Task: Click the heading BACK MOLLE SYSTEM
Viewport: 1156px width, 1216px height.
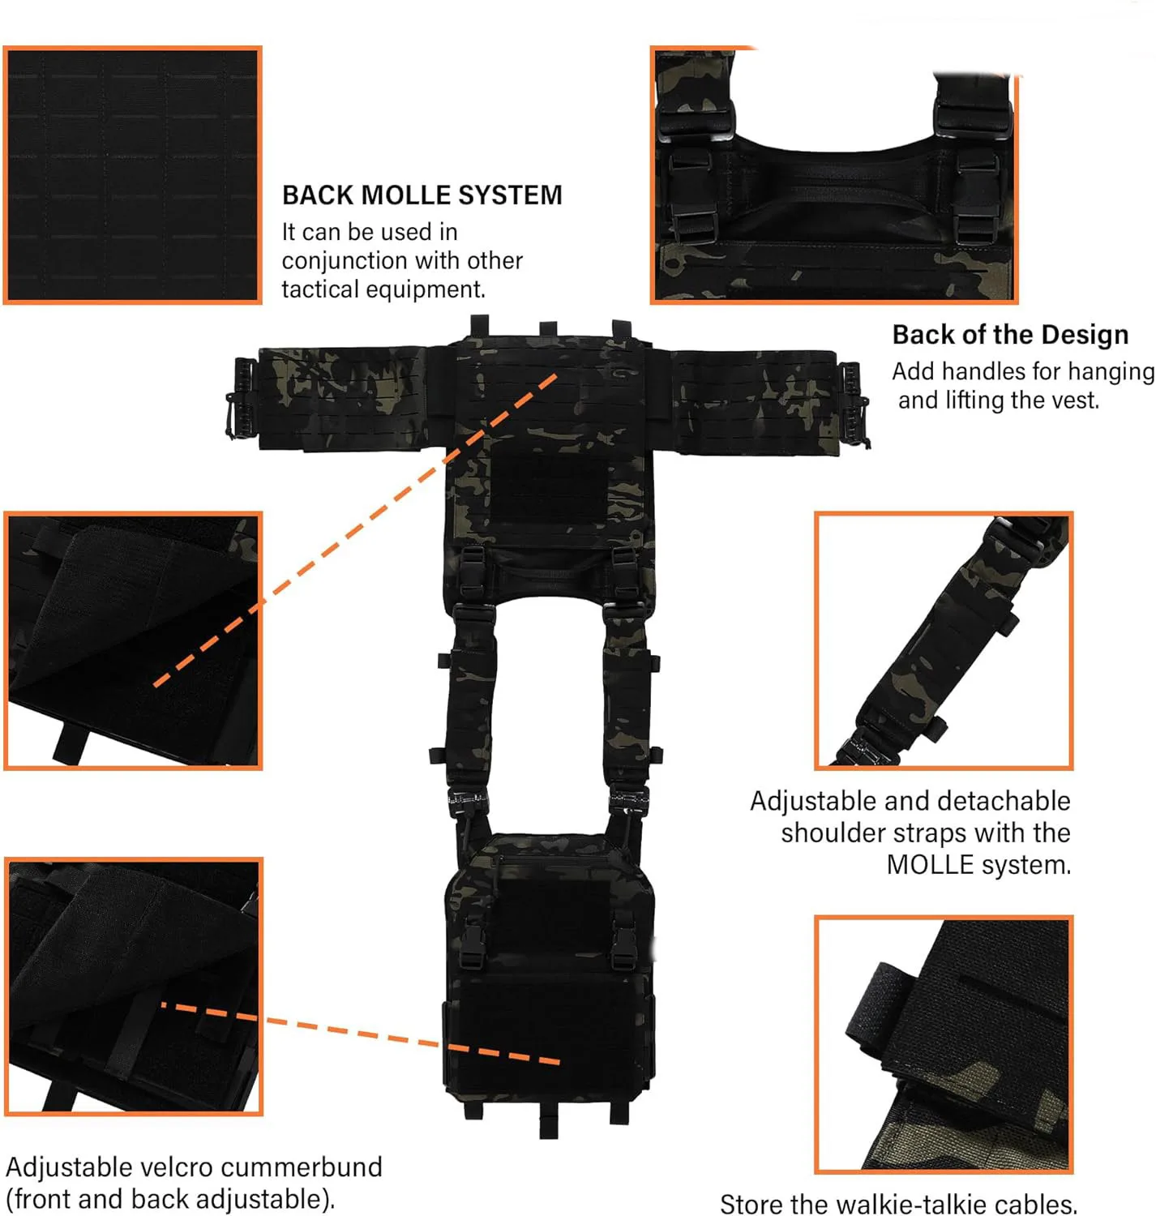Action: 422,195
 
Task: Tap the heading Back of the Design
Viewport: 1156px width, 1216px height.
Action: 1009,335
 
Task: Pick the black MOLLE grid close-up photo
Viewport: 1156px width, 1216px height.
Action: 133,175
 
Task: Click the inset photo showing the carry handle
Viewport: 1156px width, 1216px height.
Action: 833,175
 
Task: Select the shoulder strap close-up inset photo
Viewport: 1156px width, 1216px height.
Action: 944,640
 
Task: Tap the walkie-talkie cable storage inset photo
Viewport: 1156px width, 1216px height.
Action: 944,1044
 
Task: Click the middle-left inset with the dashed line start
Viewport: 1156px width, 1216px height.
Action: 133,640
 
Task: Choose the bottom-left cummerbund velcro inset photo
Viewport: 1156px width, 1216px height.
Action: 133,986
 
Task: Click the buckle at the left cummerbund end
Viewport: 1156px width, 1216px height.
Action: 242,399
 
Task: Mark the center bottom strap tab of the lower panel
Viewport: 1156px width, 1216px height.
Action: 549,1124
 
